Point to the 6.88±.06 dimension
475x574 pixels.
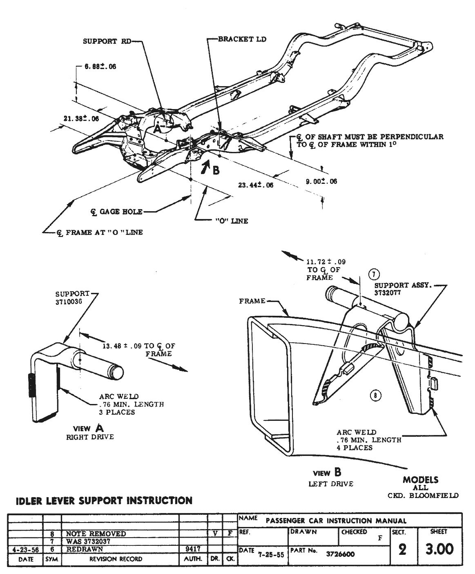(100, 67)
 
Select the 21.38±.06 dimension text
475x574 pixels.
(81, 119)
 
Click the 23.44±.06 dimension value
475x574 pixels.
(256, 185)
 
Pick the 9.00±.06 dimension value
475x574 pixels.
(321, 181)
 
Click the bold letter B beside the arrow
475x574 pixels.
(216, 170)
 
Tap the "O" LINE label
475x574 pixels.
(231, 221)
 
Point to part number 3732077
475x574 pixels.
(388, 293)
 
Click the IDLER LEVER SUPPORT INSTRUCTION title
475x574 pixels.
(104, 500)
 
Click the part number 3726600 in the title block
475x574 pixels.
(340, 554)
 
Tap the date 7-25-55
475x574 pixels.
(271, 554)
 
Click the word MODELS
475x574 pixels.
(420, 480)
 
